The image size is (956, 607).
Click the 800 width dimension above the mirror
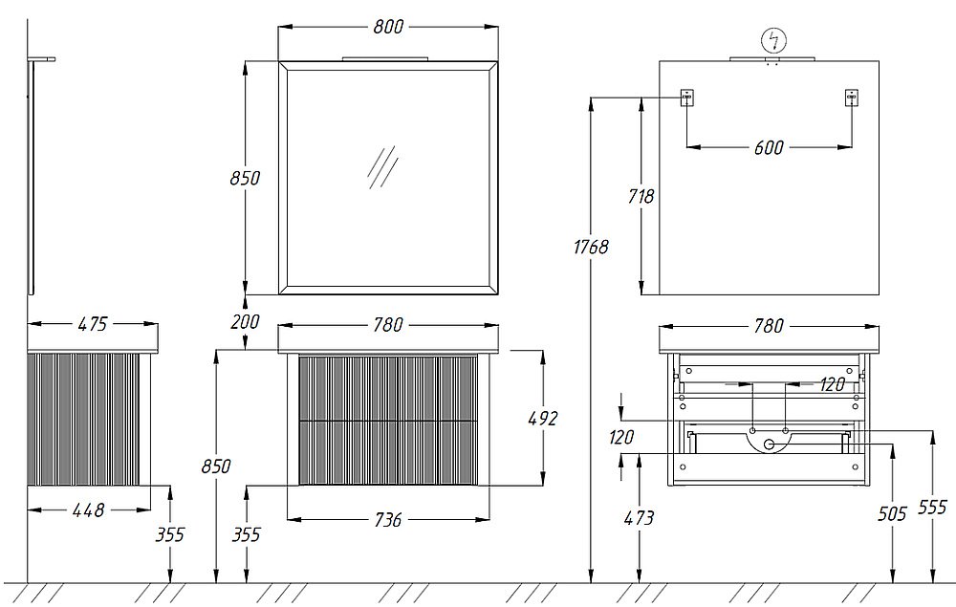click(x=388, y=27)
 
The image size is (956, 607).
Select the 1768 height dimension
click(x=591, y=247)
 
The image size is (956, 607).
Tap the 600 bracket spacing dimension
click(x=769, y=147)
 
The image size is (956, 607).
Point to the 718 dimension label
click(x=641, y=196)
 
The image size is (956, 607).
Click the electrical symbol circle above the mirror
click(x=774, y=41)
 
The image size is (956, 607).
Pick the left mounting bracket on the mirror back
click(x=687, y=98)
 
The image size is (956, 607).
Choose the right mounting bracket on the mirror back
click(x=852, y=98)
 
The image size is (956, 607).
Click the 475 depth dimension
click(x=93, y=324)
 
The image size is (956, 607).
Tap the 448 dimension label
click(x=89, y=510)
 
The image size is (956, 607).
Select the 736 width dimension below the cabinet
click(x=388, y=520)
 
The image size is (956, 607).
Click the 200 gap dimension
click(x=245, y=321)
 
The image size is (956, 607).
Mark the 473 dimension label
click(x=639, y=518)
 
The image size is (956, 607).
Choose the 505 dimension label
click(x=892, y=513)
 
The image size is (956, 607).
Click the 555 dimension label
click(x=932, y=507)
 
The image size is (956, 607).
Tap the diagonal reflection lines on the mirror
click(x=382, y=167)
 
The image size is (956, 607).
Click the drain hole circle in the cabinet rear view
click(x=770, y=444)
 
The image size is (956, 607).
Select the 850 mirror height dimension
click(x=245, y=178)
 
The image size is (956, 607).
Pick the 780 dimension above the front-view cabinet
click(x=388, y=325)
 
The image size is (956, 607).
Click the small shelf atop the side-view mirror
click(x=41, y=59)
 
